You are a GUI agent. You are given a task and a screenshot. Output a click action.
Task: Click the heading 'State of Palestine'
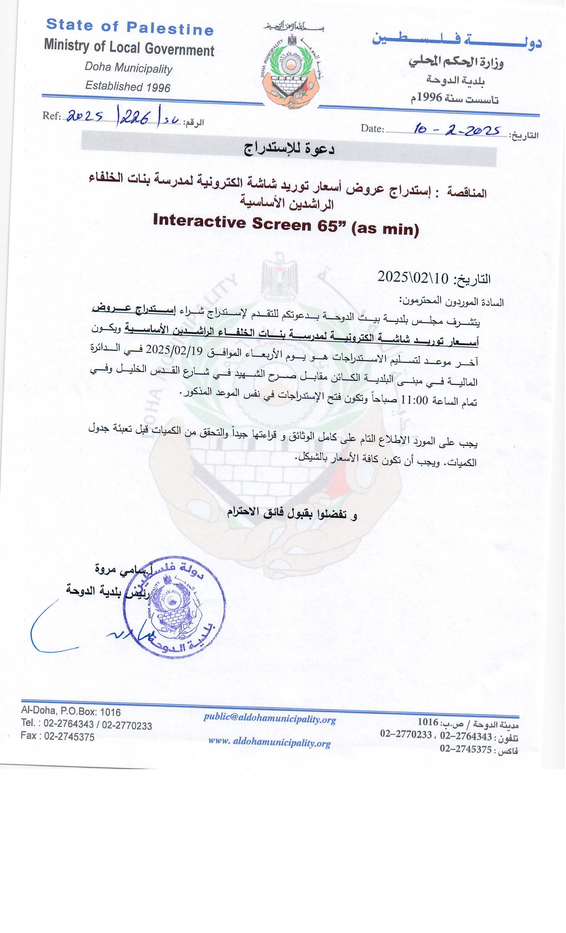click(x=130, y=27)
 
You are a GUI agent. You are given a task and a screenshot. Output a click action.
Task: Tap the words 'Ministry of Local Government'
click(x=129, y=48)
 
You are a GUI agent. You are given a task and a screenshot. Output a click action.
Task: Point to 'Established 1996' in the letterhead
click(x=128, y=86)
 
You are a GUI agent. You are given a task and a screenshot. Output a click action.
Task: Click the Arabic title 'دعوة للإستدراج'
click(x=289, y=149)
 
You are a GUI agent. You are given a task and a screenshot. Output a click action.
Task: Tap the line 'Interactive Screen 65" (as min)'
click(x=286, y=226)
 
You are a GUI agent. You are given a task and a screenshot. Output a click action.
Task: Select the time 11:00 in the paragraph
click(x=414, y=400)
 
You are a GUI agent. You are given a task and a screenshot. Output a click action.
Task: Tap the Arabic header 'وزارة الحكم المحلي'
click(x=456, y=62)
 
